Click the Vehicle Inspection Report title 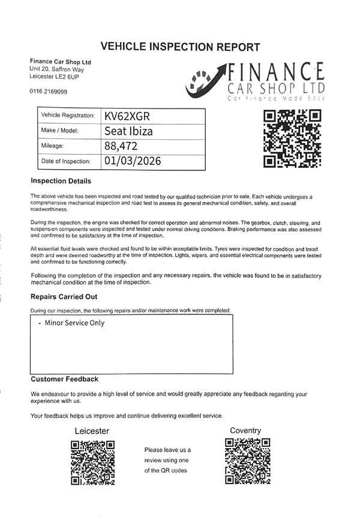[180, 47]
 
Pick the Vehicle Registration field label [68, 115]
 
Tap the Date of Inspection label [65, 161]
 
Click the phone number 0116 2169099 [48, 91]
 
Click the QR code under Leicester [93, 462]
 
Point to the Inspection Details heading [61, 181]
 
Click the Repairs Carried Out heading [64, 297]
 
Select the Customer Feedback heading [64, 379]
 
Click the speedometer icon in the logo [202, 83]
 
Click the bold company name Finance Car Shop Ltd [61, 62]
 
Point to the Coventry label [245, 431]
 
